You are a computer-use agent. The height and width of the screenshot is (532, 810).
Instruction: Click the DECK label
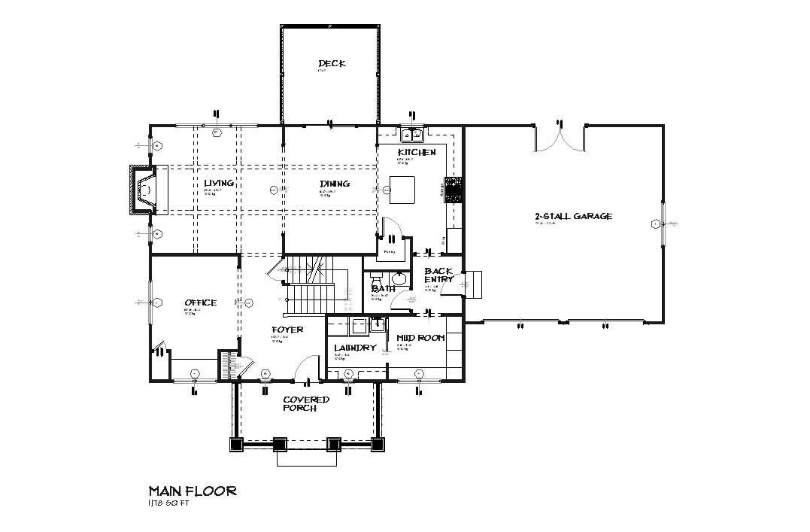pyautogui.click(x=332, y=64)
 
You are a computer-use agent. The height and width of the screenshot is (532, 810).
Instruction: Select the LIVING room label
pyautogui.click(x=219, y=184)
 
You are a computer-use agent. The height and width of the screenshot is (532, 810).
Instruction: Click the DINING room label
pyautogui.click(x=335, y=184)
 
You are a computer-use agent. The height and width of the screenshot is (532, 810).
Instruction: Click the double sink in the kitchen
pyautogui.click(x=411, y=135)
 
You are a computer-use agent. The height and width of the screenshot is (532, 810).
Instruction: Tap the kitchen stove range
pyautogui.click(x=454, y=189)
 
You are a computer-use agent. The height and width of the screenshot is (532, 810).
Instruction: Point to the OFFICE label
pyautogui.click(x=200, y=302)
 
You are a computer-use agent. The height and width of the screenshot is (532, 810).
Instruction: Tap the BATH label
pyautogui.click(x=383, y=288)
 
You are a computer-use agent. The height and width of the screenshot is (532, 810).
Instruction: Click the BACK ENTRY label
pyautogui.click(x=439, y=275)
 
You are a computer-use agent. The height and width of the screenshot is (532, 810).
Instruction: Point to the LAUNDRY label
pyautogui.click(x=354, y=348)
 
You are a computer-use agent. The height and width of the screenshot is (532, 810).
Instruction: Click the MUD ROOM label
pyautogui.click(x=420, y=338)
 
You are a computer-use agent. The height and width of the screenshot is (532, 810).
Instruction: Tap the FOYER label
pyautogui.click(x=287, y=330)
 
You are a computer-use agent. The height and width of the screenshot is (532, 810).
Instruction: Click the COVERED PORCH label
pyautogui.click(x=306, y=403)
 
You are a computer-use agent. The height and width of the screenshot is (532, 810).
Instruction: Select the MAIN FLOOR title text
pyautogui.click(x=193, y=491)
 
